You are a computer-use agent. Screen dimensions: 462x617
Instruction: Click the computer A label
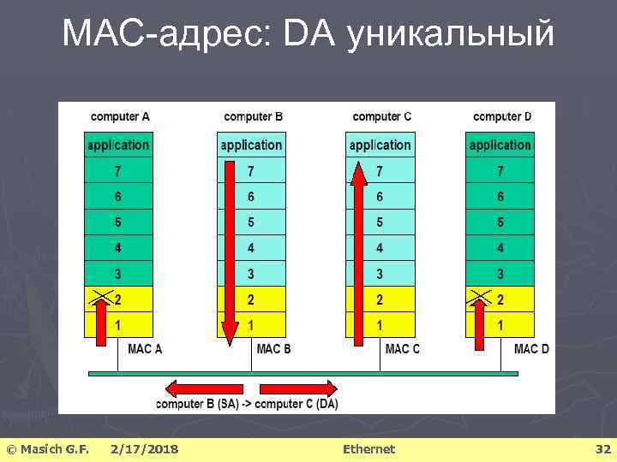[x=120, y=116]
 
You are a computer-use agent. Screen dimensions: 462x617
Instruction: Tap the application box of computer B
[x=251, y=145]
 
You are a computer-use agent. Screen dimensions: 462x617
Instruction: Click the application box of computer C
[x=380, y=145]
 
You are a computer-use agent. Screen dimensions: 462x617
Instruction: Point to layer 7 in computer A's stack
[x=118, y=170]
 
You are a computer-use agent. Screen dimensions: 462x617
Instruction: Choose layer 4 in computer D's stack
[x=500, y=248]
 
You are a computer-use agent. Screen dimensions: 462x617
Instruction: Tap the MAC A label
[x=145, y=349]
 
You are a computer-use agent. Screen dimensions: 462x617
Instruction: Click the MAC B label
[x=273, y=349]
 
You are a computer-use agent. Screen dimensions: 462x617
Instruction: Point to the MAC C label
[x=403, y=349]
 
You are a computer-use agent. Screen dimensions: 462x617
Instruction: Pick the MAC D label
[x=531, y=349]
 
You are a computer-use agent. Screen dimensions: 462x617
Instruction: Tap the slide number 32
[x=602, y=448]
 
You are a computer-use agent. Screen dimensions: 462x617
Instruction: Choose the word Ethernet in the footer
[x=368, y=448]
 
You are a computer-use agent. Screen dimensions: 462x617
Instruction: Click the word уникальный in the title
[x=451, y=34]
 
